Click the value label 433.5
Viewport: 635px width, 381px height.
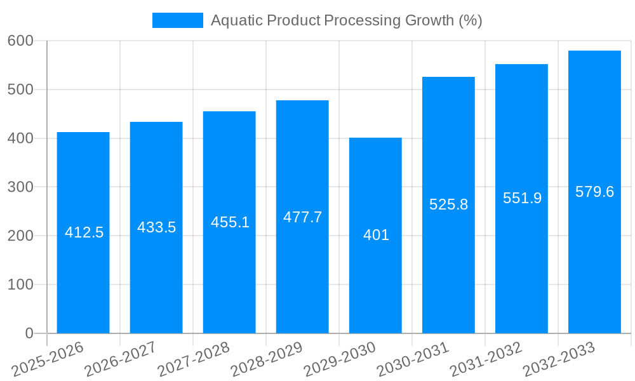(x=156, y=227)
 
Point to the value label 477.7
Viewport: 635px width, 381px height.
(x=302, y=217)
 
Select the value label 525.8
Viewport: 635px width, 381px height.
(x=448, y=204)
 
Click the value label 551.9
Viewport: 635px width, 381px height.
(x=522, y=198)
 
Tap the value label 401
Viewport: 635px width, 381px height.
(x=376, y=235)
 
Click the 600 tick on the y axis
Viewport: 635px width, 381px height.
(x=20, y=41)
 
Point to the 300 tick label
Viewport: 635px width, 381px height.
(x=20, y=187)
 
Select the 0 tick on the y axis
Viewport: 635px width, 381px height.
(x=29, y=333)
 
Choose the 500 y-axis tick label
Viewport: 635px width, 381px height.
(x=20, y=90)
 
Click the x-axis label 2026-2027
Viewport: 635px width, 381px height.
(x=121, y=359)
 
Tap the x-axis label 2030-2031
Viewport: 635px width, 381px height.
(x=413, y=359)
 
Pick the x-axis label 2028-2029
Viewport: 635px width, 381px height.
(x=267, y=359)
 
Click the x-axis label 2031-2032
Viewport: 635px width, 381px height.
(x=486, y=359)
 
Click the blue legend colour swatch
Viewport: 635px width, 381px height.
(x=178, y=20)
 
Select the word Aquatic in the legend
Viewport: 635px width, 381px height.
(x=236, y=20)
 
